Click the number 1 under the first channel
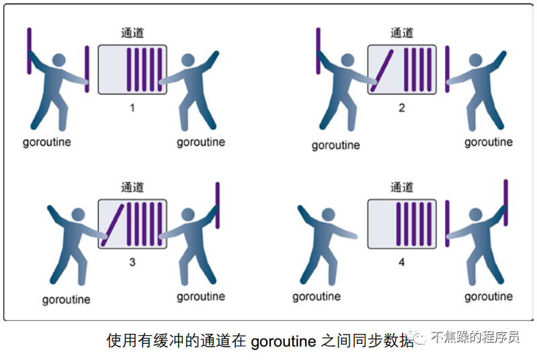[x=132, y=107]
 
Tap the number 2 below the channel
[x=402, y=107]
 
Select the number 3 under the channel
[x=132, y=262]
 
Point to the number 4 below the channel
[x=402, y=262]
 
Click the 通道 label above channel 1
[x=132, y=33]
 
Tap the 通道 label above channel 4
[x=402, y=187]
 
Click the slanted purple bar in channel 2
[x=382, y=71]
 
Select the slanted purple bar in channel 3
[x=113, y=225]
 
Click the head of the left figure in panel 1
[x=59, y=60]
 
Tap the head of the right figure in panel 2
[x=475, y=60]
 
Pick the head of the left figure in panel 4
[x=329, y=214]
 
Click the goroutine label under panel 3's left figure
[x=66, y=300]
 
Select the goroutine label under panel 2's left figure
[x=335, y=146]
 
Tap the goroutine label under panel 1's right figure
[x=201, y=142]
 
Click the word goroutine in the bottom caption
[x=283, y=341]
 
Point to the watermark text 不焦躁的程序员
[x=475, y=337]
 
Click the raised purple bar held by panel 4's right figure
[x=506, y=203]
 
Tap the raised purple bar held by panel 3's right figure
[x=218, y=206]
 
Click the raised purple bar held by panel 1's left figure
[x=30, y=51]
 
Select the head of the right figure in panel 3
[x=188, y=214]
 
